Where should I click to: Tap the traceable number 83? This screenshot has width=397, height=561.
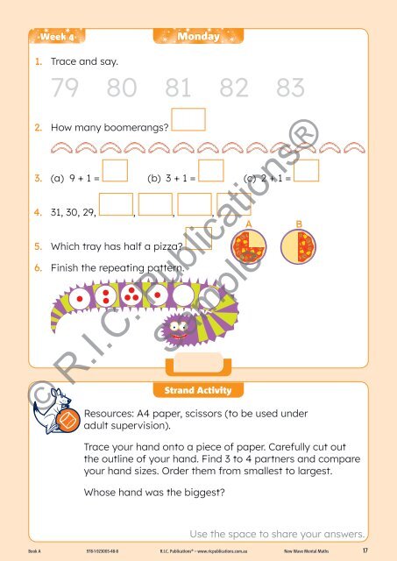point(289,89)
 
